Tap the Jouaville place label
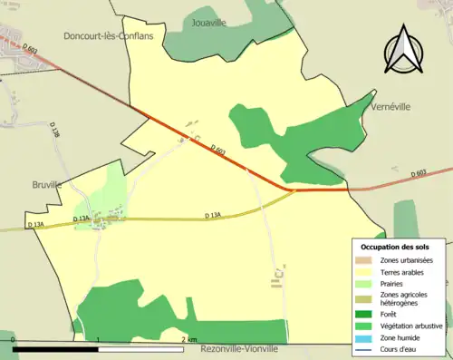[213, 20]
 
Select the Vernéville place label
[392, 106]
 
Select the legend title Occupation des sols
[395, 247]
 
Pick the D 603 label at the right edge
[418, 173]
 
